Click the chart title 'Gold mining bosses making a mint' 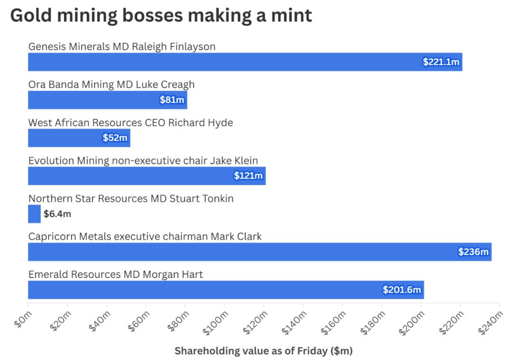[x=161, y=15]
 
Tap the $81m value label [x=172, y=100]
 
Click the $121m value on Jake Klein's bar [x=248, y=176]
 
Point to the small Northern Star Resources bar [x=34, y=214]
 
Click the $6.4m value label [x=57, y=214]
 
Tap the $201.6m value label [x=402, y=290]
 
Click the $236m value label [x=473, y=252]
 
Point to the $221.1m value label [x=441, y=62]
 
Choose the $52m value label [x=115, y=138]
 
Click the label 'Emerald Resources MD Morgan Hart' [x=116, y=275]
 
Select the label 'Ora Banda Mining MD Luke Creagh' [x=111, y=85]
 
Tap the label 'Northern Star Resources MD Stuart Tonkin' [x=131, y=199]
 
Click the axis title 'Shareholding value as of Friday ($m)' [x=264, y=351]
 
